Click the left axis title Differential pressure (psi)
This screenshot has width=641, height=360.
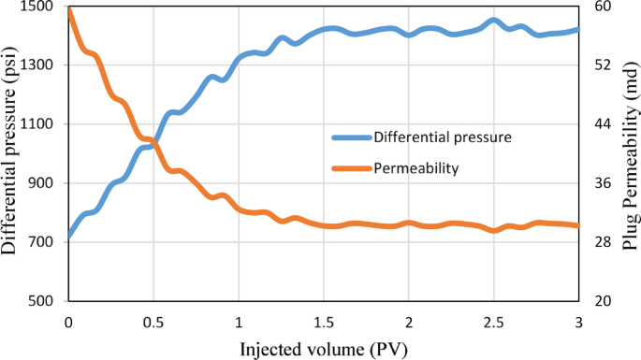[11, 151]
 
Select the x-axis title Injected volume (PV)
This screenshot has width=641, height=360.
[323, 350]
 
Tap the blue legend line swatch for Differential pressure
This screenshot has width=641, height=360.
[351, 137]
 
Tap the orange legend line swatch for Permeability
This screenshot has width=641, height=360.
[351, 169]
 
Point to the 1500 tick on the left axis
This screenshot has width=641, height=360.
[40, 7]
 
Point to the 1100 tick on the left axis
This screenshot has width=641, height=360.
[40, 124]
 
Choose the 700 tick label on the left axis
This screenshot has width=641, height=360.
[44, 242]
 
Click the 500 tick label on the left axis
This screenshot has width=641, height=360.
[44, 301]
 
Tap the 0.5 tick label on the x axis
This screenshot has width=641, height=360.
[153, 322]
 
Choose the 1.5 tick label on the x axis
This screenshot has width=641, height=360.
[323, 322]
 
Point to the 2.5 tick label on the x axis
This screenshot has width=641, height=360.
[493, 322]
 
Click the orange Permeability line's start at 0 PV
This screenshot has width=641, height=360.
[69, 8]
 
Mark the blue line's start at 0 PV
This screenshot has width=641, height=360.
[69, 236]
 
